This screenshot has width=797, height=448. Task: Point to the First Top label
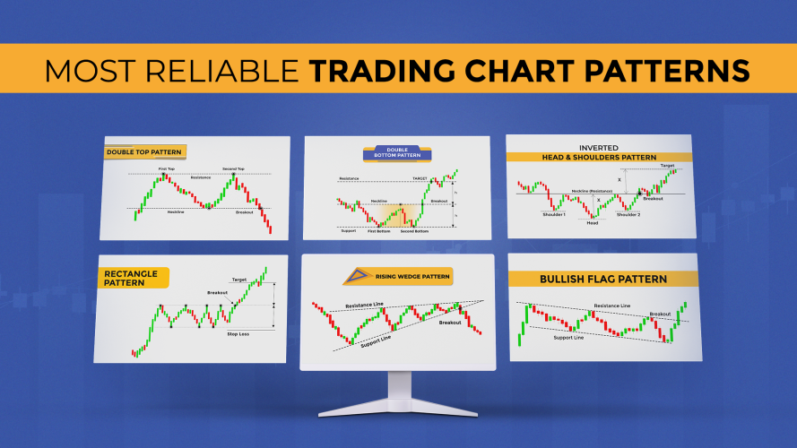[168, 168]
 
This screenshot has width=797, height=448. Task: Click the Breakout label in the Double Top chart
[245, 212]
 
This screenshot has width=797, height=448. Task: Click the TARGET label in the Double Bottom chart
[420, 178]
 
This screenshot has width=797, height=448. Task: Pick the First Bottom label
[378, 231]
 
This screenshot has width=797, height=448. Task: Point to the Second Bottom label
[414, 231]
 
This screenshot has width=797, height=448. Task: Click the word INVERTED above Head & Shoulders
[598, 147]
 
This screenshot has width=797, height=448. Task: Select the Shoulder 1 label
[554, 215]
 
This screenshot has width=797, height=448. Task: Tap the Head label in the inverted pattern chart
[593, 223]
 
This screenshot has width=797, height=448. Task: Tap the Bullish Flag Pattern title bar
[602, 279]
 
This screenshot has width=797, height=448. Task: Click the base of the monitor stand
[398, 410]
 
